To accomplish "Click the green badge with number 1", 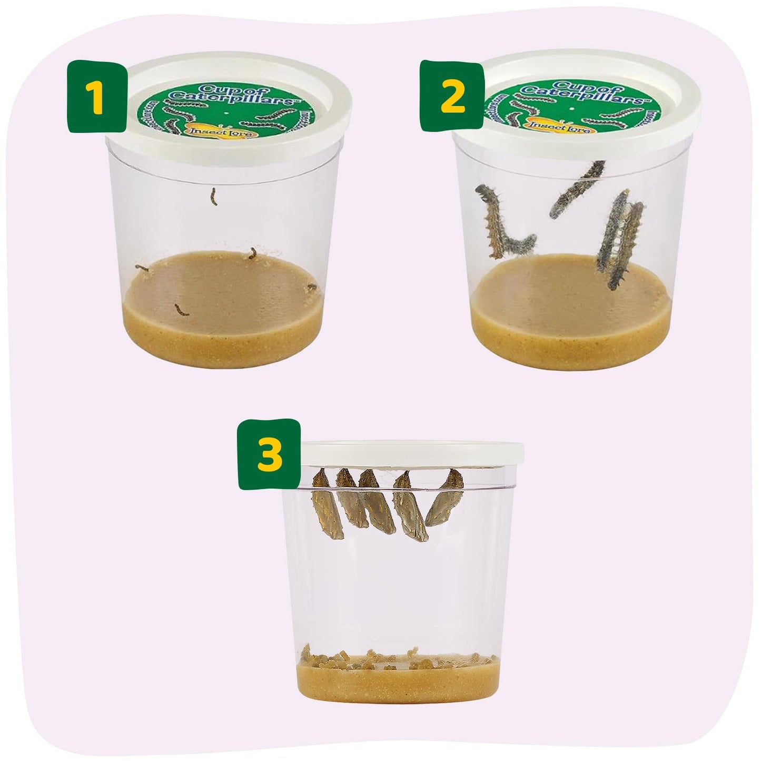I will click(x=95, y=96).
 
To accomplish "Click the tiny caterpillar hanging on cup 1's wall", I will click(x=213, y=196).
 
